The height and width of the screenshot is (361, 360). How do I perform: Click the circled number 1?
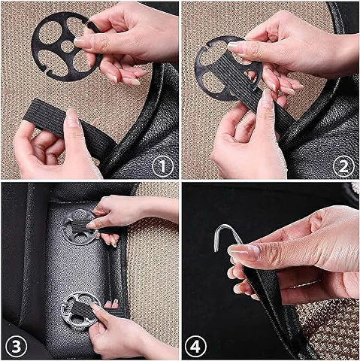pos(162,165)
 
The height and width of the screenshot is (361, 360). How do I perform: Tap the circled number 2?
pos(343,166)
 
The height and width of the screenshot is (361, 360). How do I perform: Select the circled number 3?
pos(17,347)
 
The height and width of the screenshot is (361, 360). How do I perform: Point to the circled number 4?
pos(195,347)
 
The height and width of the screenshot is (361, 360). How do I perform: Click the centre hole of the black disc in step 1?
pos(67,47)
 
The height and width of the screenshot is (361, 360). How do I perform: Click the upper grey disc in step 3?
pos(80,227)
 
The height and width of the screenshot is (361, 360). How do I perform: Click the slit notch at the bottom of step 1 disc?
pos(47,71)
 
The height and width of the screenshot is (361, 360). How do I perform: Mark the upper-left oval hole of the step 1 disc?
pos(50,32)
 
